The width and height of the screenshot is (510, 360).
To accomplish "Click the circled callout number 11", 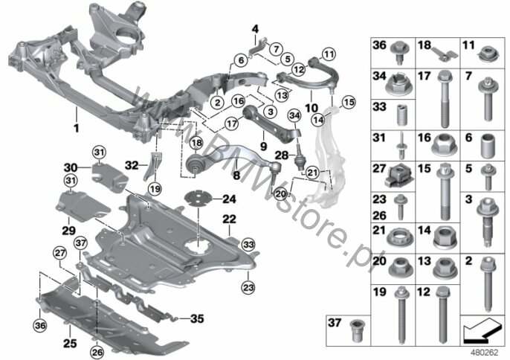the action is [x=329, y=54].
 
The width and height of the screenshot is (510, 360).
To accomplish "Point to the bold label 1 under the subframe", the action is [x=76, y=128].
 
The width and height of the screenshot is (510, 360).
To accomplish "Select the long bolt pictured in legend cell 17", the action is [x=444, y=99].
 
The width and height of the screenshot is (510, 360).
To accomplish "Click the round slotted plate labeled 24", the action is [x=198, y=199].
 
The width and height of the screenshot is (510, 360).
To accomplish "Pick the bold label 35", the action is [x=197, y=318].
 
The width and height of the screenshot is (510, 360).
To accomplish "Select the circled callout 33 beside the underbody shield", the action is [x=248, y=245].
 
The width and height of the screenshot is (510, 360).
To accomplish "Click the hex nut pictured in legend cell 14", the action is [x=445, y=238].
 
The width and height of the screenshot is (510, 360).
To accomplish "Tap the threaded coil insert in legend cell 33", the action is [x=401, y=115].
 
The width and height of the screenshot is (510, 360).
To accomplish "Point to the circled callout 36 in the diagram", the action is [x=40, y=325].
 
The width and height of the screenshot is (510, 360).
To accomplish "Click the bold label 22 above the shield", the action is [x=229, y=219].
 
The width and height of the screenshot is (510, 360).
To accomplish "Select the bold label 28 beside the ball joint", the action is [x=281, y=155].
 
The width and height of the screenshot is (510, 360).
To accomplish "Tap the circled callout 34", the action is [x=294, y=115].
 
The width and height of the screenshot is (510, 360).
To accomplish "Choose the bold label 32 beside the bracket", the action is [x=132, y=166].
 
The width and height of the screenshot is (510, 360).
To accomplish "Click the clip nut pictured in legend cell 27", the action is [x=399, y=176].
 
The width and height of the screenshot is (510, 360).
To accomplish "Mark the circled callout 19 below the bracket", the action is [x=155, y=188].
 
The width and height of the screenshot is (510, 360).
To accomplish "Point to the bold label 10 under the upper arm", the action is [x=312, y=107].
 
